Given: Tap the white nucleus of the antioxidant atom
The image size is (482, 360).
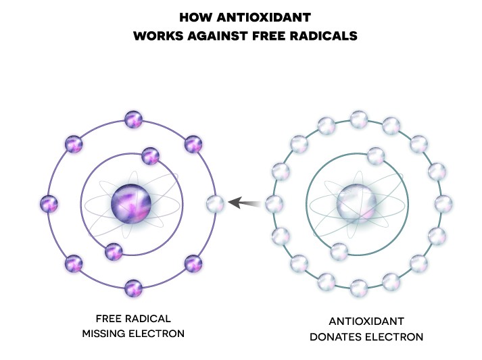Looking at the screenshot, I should (x=358, y=202).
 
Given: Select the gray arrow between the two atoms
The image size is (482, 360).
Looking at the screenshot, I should (x=244, y=202).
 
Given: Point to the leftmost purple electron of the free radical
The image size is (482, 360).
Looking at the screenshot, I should (x=48, y=203).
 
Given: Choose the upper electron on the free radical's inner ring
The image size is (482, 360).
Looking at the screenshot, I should (x=150, y=156).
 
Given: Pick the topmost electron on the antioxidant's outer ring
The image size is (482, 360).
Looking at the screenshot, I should (x=359, y=120).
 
